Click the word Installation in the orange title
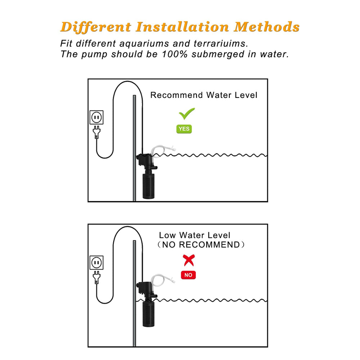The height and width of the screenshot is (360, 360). [182, 27]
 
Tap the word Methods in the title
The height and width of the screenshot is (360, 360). [267, 27]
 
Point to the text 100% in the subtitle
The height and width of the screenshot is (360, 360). [175, 54]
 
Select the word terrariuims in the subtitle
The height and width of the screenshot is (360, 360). [221, 44]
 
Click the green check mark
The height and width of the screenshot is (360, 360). [186, 114]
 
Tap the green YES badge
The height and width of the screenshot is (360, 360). [184, 129]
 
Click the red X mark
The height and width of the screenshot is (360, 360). [189, 260]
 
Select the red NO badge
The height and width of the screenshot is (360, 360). [188, 275]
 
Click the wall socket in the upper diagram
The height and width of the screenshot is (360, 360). [96, 117]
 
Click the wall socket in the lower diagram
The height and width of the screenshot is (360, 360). [96, 262]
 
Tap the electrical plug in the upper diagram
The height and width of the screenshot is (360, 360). [96, 132]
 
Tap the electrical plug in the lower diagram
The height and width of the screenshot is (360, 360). [96, 277]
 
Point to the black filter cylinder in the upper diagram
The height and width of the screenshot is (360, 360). [149, 186]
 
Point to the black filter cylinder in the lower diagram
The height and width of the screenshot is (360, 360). [149, 314]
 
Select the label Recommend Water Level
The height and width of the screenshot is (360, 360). [204, 95]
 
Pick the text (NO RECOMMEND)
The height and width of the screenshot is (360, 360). [201, 245]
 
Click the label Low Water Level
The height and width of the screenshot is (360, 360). [194, 235]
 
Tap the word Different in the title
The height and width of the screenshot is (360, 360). [95, 27]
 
